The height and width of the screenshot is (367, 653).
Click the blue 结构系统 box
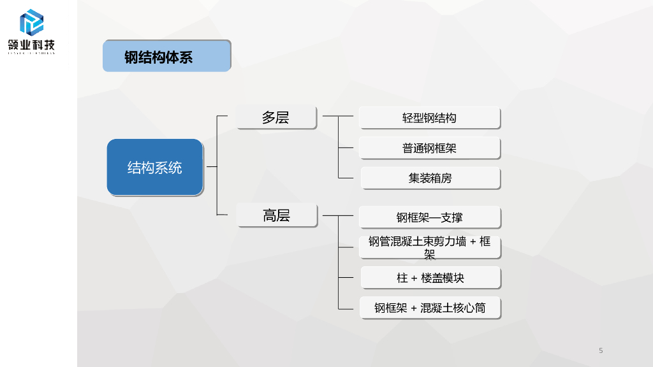click(155, 167)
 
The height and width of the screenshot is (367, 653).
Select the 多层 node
click(276, 117)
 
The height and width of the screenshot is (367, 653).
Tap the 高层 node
click(276, 215)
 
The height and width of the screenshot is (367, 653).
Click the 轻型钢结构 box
click(429, 118)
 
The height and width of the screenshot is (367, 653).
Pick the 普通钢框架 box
click(429, 148)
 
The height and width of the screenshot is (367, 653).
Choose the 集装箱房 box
click(430, 178)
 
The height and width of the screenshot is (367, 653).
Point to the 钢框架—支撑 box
click(429, 217)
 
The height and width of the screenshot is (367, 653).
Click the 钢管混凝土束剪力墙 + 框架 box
click(429, 247)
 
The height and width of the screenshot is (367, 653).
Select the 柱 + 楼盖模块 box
click(430, 278)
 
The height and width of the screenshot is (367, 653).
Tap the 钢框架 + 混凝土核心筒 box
click(429, 308)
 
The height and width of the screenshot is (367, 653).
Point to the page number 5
click(601, 350)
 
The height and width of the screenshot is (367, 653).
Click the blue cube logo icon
click(31, 22)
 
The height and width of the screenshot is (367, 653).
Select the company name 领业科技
click(31, 45)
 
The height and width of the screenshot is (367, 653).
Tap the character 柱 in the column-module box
click(402, 278)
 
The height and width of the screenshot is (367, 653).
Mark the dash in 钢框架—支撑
click(434, 218)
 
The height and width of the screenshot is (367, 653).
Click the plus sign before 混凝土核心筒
click(414, 308)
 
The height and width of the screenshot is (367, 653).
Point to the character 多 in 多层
click(268, 117)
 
